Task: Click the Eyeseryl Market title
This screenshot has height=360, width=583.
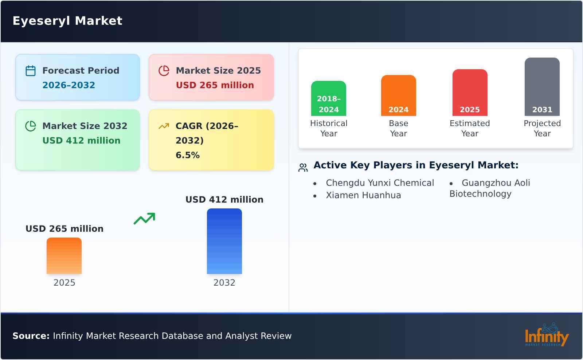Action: pos(67,21)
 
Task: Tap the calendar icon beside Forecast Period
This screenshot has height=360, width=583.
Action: pos(31,71)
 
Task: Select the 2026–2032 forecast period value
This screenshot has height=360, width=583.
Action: pos(69,85)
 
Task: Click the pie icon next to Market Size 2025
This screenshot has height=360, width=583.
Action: pos(164,71)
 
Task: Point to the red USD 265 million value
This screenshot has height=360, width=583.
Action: pos(215,85)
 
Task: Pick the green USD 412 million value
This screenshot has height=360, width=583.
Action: pos(81,141)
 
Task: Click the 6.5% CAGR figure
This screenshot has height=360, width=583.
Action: pos(187,155)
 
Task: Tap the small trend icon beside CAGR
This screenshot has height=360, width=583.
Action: pos(164,126)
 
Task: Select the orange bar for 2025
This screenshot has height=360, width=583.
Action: pos(64,256)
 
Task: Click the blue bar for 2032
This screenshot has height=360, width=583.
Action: pos(224,241)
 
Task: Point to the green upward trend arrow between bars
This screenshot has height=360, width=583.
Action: pos(145,219)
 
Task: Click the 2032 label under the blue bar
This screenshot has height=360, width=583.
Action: pos(224,283)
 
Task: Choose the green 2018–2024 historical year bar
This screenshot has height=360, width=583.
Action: pos(329,98)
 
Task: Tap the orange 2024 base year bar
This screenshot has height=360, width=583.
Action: pos(398,95)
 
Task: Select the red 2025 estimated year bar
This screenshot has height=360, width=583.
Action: pos(470,93)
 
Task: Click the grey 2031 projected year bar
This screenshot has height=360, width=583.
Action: pos(542,87)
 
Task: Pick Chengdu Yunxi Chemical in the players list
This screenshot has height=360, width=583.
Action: pos(380,183)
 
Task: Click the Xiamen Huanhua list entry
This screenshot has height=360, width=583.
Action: pos(363,195)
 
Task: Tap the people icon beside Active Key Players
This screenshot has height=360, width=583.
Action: pos(303,168)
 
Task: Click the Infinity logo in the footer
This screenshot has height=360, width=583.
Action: pos(546,335)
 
